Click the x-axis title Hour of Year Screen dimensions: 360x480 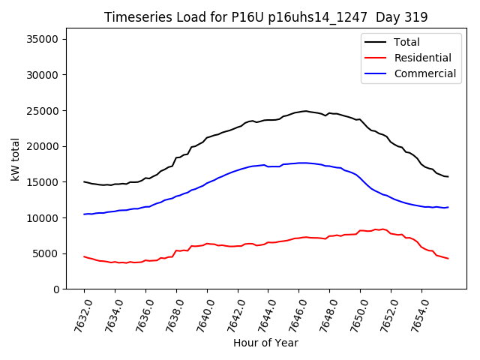[265, 343]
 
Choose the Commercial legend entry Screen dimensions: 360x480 [424, 73]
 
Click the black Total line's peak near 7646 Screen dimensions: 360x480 [305, 111]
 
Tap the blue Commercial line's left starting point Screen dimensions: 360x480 [84, 214]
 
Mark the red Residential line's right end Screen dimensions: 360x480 [448, 259]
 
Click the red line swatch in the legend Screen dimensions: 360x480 [374, 58]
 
